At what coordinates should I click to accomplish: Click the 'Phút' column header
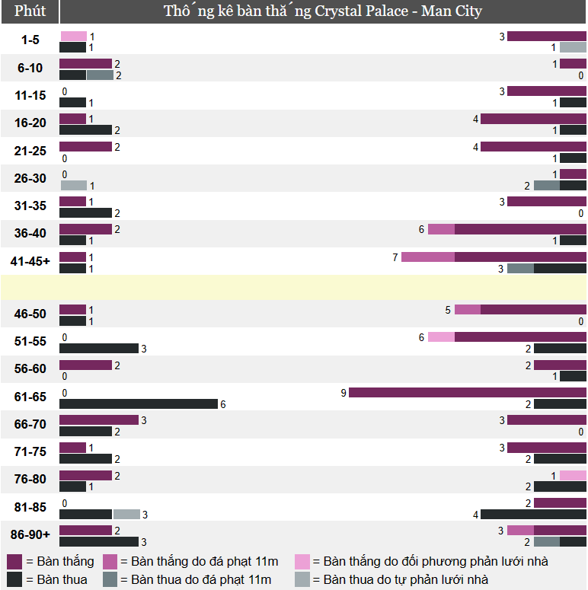pos(30,11)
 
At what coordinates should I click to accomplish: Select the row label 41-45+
pos(30,261)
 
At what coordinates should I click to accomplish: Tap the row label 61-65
pos(30,397)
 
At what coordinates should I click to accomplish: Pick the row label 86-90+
pos(30,534)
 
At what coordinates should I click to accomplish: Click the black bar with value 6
pos(139,404)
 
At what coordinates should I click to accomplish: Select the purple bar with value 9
pos(467,393)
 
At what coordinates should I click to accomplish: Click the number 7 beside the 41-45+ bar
pos(395,257)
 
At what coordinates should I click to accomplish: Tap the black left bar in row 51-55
pos(99,349)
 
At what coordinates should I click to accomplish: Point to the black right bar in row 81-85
pos(533,515)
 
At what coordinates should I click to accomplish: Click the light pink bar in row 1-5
pos(73,36)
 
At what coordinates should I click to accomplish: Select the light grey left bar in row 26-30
pos(73,185)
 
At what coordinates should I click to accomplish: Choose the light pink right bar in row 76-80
pos(573,475)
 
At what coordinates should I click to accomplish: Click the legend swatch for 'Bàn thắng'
pos(14,562)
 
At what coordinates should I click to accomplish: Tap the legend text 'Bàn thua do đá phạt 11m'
pos(196,580)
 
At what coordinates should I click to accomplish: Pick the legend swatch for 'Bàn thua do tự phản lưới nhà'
pos(303,580)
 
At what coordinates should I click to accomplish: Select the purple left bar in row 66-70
pos(99,420)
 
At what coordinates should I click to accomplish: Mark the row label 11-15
pos(30,95)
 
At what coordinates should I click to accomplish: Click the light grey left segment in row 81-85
pos(126,515)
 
